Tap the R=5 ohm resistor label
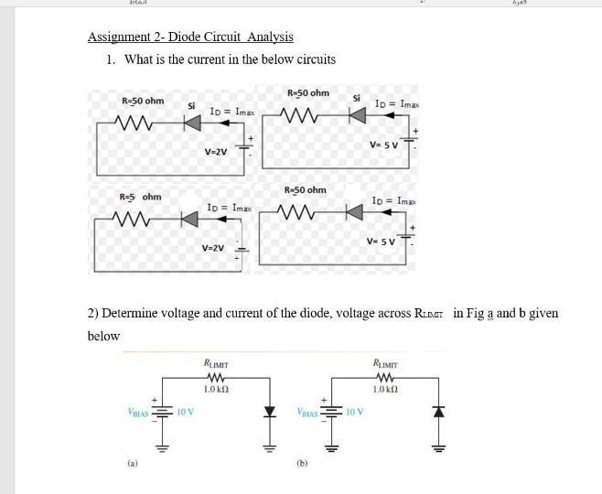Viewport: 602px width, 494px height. [140, 197]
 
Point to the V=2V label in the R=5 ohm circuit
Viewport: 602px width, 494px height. [212, 248]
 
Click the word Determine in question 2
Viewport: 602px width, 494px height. [133, 313]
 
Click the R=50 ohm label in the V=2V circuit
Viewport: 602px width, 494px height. [143, 101]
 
